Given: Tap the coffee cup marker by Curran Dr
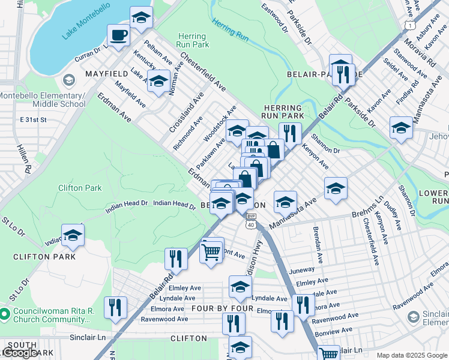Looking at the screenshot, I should (x=118, y=35).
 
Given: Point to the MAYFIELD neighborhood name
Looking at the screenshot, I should (x=107, y=73).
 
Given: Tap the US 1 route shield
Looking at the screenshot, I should (x=409, y=25).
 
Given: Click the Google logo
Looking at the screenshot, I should (x=20, y=353).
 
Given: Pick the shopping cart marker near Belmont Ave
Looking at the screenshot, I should (x=211, y=253).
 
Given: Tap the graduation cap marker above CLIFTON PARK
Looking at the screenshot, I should (x=73, y=236).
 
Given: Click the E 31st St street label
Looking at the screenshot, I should (x=32, y=120).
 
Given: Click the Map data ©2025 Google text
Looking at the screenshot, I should (x=412, y=355).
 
